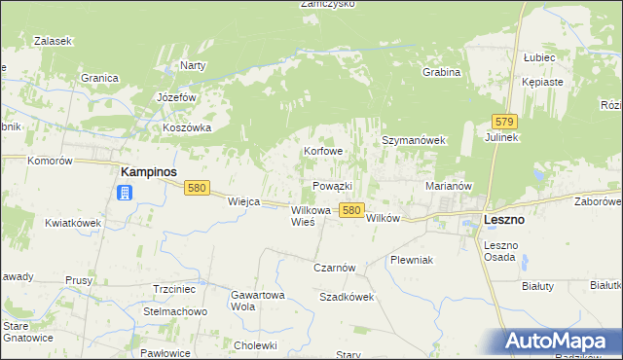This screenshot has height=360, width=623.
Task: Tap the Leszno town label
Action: (x=504, y=221)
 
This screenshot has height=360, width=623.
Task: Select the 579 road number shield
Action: (x=503, y=122)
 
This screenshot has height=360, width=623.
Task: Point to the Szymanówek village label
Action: (x=413, y=140)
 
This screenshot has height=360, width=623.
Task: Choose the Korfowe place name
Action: (x=323, y=152)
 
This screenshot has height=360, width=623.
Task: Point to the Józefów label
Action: (x=177, y=98)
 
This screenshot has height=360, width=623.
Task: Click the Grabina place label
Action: (x=441, y=72)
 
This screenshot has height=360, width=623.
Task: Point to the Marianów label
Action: (x=449, y=185)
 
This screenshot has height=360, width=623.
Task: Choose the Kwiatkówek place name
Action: (x=73, y=223)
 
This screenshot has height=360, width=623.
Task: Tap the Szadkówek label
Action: (x=347, y=297)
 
